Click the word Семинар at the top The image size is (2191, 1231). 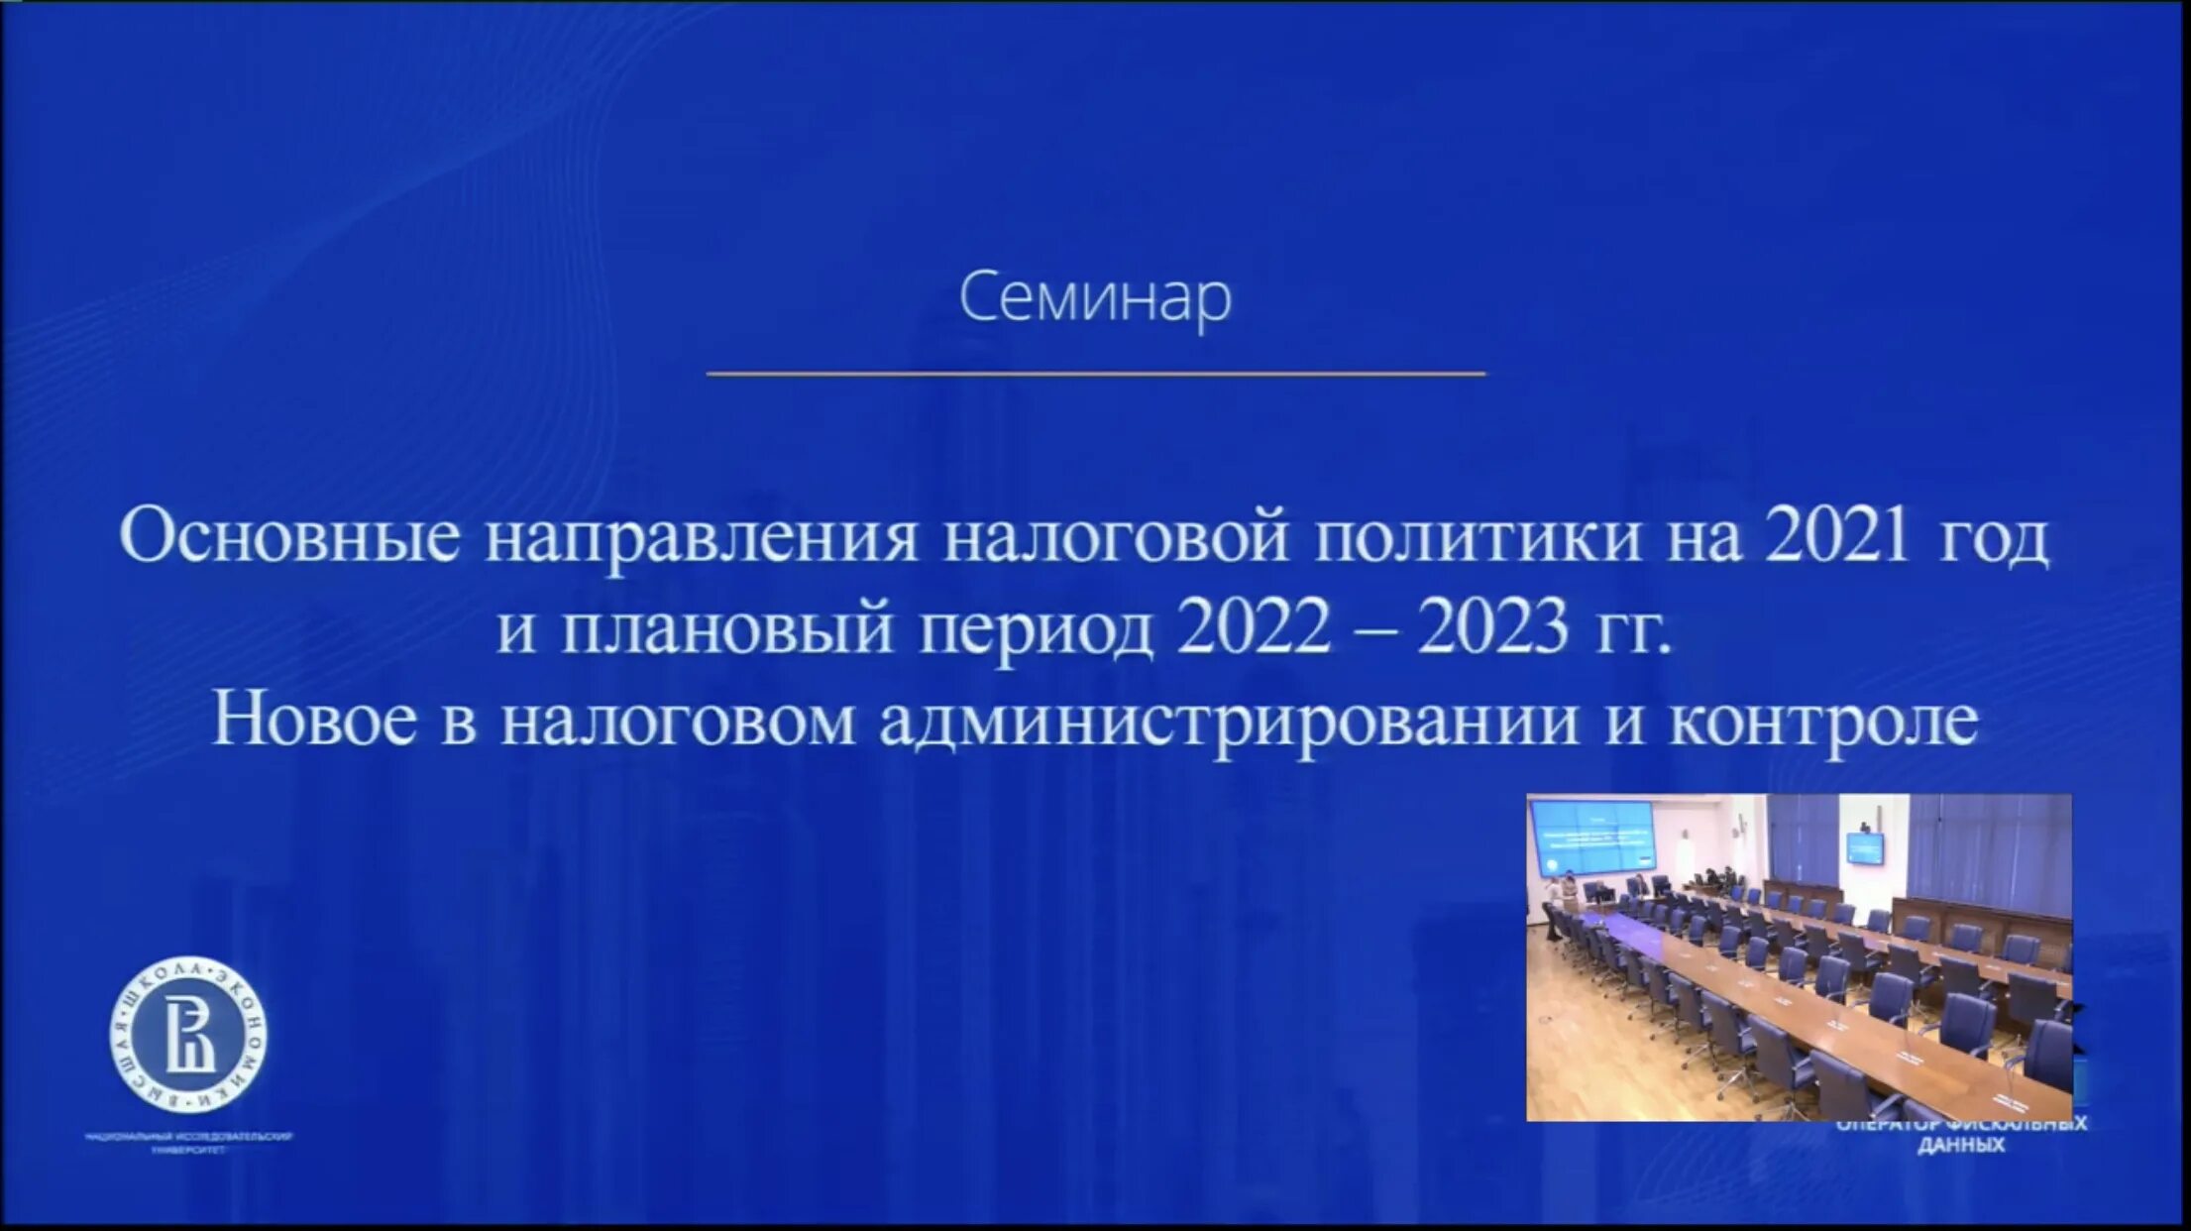coord(1095,297)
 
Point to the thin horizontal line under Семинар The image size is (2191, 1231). coord(1095,374)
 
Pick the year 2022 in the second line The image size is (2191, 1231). coord(1254,629)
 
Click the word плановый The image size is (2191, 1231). coord(728,629)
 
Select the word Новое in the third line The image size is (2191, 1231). coord(314,720)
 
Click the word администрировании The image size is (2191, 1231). coord(1228,722)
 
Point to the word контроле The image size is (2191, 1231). coord(1823,722)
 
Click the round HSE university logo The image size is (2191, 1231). coord(188,1034)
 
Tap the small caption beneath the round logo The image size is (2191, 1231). coord(188,1141)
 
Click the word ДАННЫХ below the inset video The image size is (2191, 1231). coord(1961,1146)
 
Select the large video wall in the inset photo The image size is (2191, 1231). coord(1593,837)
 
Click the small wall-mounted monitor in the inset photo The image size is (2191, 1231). coord(1864,847)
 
